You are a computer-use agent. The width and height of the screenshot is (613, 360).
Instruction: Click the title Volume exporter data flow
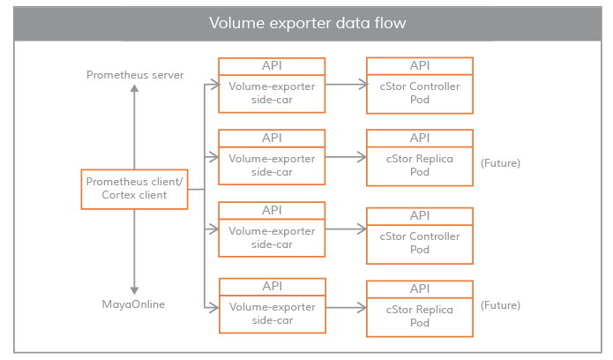point(307,23)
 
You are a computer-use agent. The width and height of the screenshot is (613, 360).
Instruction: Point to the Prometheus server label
point(135,75)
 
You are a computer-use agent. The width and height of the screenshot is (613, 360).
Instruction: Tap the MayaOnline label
point(135,304)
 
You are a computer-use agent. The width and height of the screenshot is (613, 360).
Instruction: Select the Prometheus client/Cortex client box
point(135,189)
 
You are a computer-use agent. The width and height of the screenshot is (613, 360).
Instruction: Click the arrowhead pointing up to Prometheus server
point(135,88)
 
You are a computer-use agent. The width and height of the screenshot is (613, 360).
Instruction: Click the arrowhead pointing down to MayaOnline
point(135,290)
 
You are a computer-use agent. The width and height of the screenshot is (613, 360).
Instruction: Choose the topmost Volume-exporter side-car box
point(272,91)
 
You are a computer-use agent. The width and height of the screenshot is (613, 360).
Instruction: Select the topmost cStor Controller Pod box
point(420,91)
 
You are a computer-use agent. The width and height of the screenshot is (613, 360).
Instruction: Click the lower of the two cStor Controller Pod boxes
point(420,242)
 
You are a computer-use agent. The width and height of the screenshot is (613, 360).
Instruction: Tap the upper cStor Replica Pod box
point(420,165)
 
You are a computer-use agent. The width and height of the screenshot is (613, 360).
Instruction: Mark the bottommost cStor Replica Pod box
point(420,315)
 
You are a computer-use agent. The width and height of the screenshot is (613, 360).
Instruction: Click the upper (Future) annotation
point(500,163)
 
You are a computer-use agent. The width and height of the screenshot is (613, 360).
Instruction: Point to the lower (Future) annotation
point(500,305)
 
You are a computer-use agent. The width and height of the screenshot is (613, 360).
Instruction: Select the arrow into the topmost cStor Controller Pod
point(345,85)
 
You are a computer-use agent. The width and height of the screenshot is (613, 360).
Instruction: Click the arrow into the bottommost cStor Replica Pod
point(345,308)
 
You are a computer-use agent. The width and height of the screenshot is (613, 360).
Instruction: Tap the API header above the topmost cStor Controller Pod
point(420,66)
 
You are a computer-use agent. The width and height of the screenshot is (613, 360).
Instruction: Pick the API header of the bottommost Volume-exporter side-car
point(272,287)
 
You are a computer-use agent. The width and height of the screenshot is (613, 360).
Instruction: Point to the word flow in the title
point(391,23)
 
